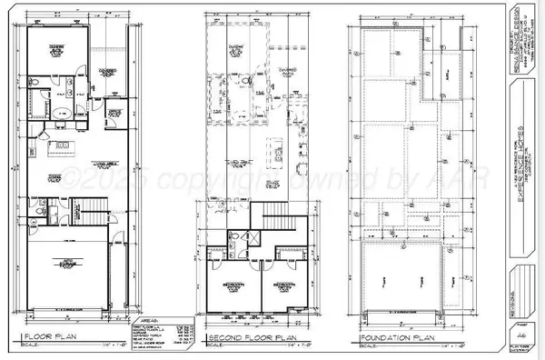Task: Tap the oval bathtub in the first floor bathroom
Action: coord(56,114)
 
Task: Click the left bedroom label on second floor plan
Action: coord(232,287)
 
